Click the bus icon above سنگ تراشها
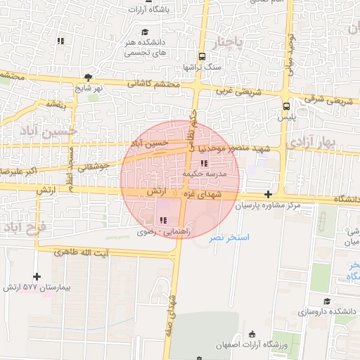202,56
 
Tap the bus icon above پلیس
285,106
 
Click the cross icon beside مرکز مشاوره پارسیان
269,194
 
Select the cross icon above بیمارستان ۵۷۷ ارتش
37,277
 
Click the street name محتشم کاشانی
154,84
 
